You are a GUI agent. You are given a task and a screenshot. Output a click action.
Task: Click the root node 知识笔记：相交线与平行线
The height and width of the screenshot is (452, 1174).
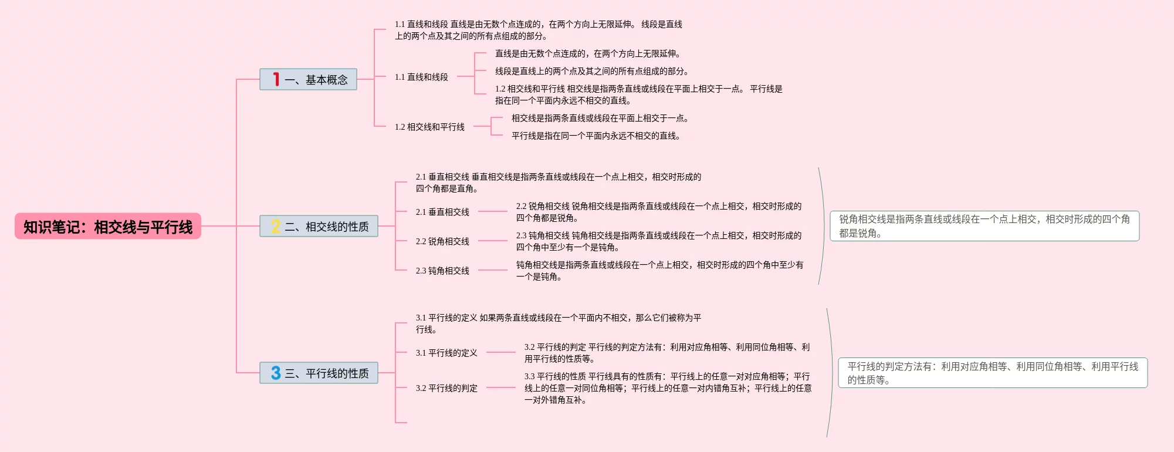(x=108, y=227)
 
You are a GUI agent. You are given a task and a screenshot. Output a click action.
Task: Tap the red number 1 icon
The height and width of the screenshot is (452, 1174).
(x=276, y=79)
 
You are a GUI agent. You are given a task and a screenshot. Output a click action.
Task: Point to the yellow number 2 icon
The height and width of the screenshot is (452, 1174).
(x=276, y=226)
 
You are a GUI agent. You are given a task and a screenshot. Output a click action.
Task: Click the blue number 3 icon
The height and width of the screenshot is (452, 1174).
(x=276, y=373)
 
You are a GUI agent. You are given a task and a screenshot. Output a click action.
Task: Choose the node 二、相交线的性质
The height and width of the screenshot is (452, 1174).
(x=326, y=227)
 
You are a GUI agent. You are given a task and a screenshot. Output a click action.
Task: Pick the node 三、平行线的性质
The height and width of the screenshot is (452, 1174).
(x=326, y=373)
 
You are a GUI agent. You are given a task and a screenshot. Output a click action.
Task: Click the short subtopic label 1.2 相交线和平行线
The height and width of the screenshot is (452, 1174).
(x=429, y=127)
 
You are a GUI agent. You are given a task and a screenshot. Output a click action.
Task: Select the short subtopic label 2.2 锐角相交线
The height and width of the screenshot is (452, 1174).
(x=442, y=241)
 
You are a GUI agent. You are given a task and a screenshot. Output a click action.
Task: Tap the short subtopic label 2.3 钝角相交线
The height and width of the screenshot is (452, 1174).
(x=442, y=271)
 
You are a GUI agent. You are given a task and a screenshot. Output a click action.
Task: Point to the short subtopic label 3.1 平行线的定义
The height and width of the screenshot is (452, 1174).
(x=446, y=353)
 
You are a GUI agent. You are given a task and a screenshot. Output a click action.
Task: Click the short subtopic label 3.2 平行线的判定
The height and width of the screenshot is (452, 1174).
(x=446, y=388)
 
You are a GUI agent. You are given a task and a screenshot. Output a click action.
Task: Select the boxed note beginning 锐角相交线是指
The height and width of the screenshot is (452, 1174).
(x=984, y=226)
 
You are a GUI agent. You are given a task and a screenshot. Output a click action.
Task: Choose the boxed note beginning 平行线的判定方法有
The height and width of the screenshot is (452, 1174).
(x=993, y=373)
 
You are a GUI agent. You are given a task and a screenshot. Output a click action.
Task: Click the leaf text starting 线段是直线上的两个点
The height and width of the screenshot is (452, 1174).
(x=591, y=71)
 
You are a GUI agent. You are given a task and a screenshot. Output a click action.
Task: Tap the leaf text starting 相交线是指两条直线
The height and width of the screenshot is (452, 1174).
(x=600, y=118)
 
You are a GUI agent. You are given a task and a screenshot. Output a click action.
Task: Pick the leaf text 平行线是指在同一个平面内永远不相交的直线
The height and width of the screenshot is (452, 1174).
(x=596, y=136)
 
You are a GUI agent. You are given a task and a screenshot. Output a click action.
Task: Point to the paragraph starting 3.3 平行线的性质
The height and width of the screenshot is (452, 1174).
(x=668, y=388)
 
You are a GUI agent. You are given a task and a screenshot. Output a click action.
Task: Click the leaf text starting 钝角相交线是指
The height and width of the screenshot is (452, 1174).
(x=659, y=271)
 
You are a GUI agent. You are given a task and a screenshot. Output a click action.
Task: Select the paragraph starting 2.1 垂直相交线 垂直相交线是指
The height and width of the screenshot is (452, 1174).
(x=558, y=183)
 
